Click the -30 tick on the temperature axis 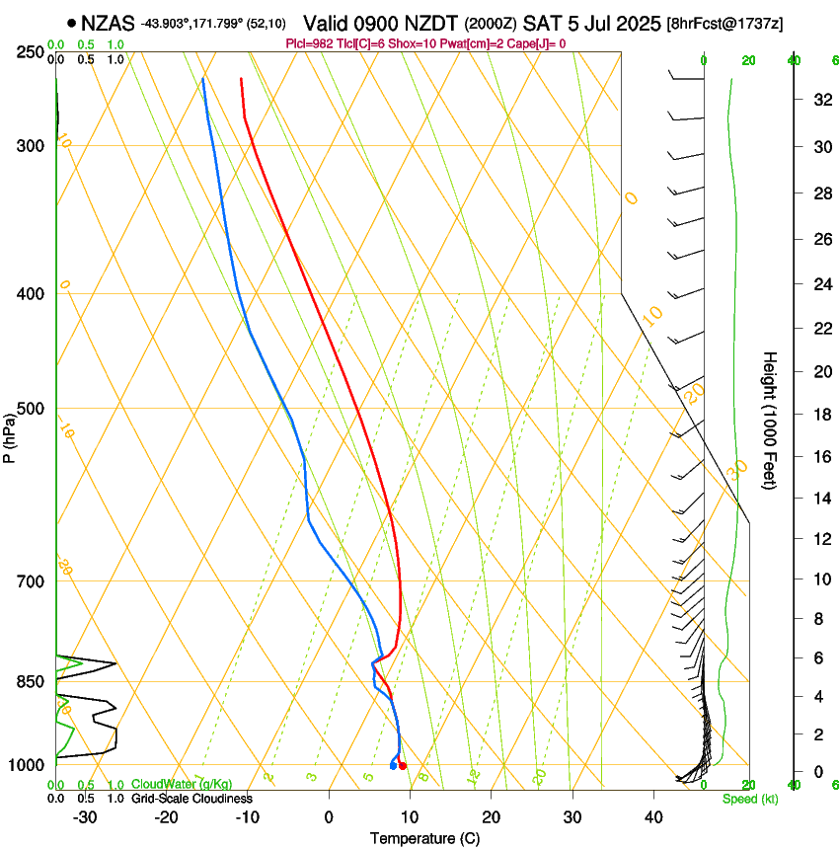(x=85, y=817)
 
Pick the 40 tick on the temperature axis (x=652, y=817)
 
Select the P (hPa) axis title (x=10, y=435)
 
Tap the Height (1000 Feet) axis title (x=771, y=420)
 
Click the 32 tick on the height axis (x=820, y=100)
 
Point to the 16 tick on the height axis (x=820, y=457)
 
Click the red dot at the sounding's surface (x=402, y=766)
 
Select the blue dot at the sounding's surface (x=393, y=766)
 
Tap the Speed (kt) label (x=749, y=799)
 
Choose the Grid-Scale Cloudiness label (x=191, y=799)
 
